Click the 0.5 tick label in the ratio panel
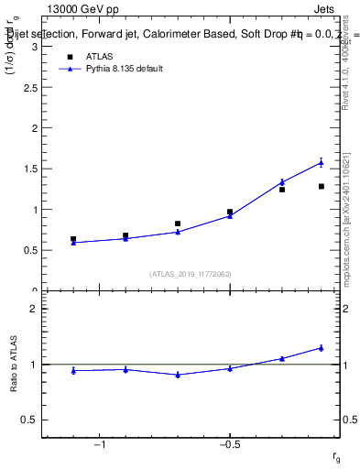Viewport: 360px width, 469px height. click(x=30, y=420)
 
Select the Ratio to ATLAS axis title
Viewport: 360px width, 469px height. click(x=14, y=365)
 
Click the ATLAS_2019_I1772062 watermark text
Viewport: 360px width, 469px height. click(x=191, y=274)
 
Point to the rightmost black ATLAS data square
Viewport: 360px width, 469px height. click(x=321, y=187)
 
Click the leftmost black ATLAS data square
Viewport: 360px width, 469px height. click(x=73, y=239)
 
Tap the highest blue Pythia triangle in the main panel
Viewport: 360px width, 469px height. click(x=321, y=163)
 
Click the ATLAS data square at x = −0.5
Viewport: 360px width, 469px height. click(x=230, y=212)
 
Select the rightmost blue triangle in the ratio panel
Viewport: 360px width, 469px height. click(x=321, y=348)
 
